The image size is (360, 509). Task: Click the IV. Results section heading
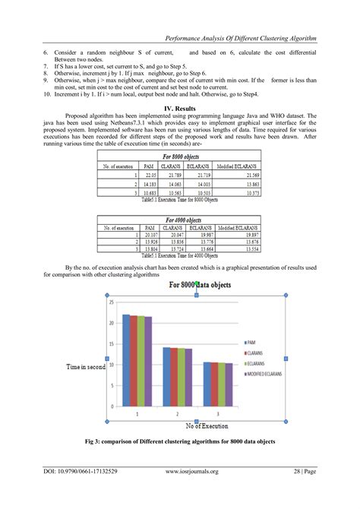pos(180,109)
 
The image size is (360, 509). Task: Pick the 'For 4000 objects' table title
pos(179,218)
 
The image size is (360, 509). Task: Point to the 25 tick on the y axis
pos(111,302)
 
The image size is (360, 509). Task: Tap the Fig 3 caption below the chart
pos(180,442)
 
